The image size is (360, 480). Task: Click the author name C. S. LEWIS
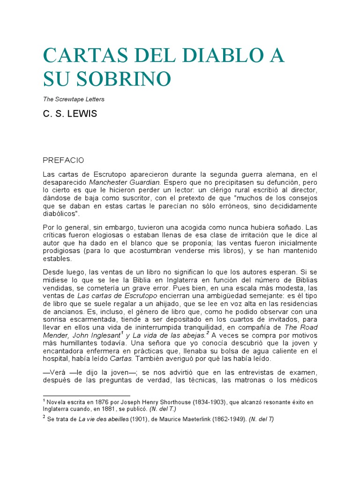tap(70, 114)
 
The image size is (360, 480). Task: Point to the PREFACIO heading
tap(63, 160)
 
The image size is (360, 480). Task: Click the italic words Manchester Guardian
tap(125, 181)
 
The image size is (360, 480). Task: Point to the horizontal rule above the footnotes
tap(87, 395)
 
